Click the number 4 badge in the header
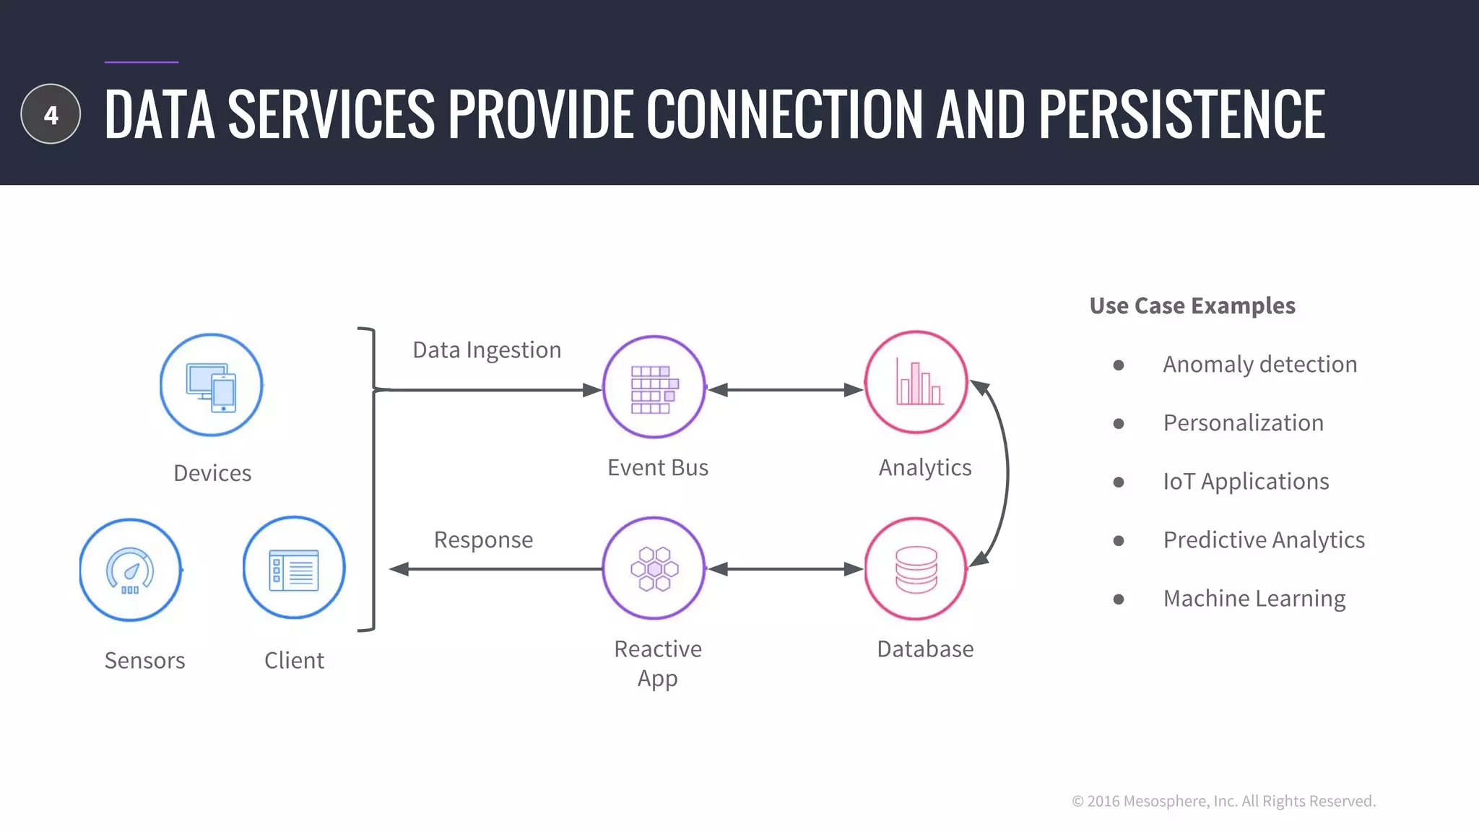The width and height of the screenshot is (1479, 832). coord(51,114)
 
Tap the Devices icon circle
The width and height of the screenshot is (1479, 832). coord(211,385)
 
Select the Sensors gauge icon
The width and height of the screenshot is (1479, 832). coord(130,570)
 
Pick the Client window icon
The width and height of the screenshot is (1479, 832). coord(294,568)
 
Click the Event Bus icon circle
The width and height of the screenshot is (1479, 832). coord(654,387)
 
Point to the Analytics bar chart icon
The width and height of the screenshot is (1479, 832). coord(916,383)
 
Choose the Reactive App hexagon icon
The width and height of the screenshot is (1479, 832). coord(654,568)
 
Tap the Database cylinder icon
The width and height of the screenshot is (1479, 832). coord(916,568)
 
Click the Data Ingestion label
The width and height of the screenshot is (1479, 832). coord(487,350)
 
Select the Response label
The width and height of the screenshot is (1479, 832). coord(483,539)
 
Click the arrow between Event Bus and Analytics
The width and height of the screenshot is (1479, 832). coord(785,390)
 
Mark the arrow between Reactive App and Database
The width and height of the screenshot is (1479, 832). coord(785,569)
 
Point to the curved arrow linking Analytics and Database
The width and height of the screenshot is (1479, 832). coord(1006,473)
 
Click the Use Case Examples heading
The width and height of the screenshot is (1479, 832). coord(1192,305)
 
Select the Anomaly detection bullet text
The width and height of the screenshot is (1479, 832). coord(1259,364)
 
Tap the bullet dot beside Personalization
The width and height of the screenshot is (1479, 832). coord(1119,423)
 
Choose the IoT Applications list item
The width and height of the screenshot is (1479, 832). coord(1246,482)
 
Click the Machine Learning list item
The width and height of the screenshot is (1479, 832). coord(1254,599)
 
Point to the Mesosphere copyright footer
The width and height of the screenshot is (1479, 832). coord(1223,801)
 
